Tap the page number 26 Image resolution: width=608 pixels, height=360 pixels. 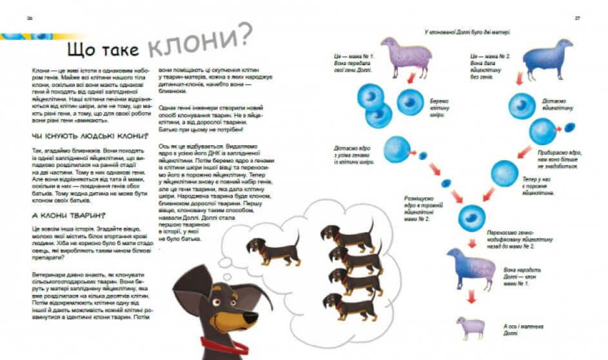(30, 18)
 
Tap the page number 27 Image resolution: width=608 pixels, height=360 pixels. (578, 18)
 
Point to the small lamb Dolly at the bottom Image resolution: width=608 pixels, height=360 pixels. (469, 326)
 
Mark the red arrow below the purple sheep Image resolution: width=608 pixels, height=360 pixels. (409, 79)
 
